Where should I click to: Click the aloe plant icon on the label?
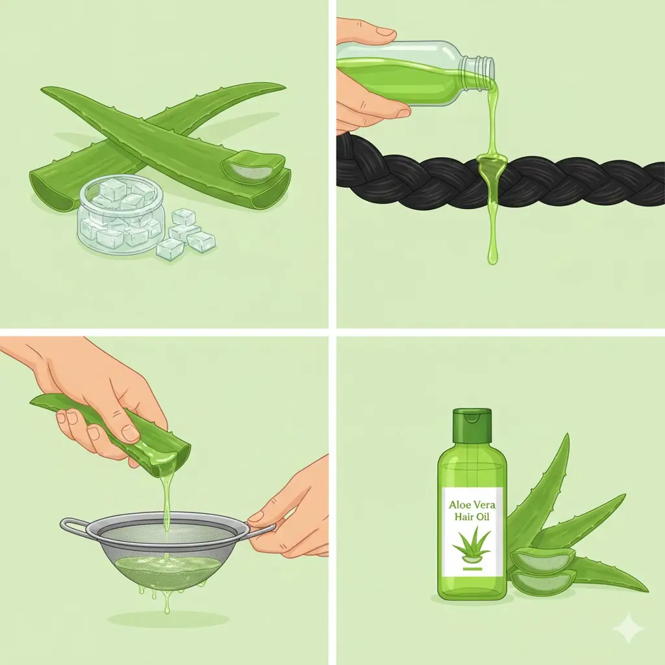[471, 546]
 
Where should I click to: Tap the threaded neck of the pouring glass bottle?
[484, 68]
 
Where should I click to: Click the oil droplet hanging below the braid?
[492, 255]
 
